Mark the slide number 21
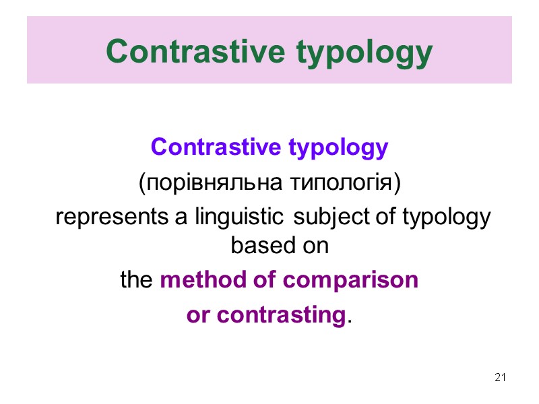(x=500, y=376)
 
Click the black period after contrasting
(x=349, y=321)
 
